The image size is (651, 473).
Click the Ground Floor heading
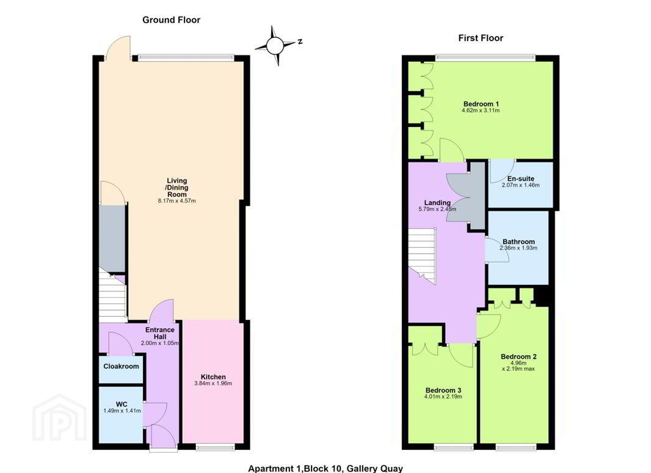(x=171, y=20)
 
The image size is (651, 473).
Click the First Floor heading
(x=481, y=38)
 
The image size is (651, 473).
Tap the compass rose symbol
(x=275, y=46)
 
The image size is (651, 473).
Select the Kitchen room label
(x=213, y=377)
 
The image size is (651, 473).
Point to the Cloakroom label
(x=122, y=366)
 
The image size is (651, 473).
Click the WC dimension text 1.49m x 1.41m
(x=122, y=411)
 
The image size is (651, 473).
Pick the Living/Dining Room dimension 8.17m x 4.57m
(x=177, y=201)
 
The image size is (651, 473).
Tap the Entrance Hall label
(x=160, y=333)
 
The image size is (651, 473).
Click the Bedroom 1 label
(x=481, y=104)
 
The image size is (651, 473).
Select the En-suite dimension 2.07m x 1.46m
(x=521, y=185)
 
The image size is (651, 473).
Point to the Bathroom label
(x=518, y=242)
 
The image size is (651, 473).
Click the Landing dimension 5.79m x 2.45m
(x=437, y=209)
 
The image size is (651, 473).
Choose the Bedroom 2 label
(x=518, y=356)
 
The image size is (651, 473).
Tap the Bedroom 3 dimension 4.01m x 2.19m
(x=443, y=397)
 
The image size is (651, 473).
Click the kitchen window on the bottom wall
(x=216, y=447)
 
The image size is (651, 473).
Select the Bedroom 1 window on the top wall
(x=486, y=57)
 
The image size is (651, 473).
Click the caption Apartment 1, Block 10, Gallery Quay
(x=325, y=469)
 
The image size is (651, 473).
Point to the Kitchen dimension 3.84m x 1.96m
(x=213, y=383)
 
